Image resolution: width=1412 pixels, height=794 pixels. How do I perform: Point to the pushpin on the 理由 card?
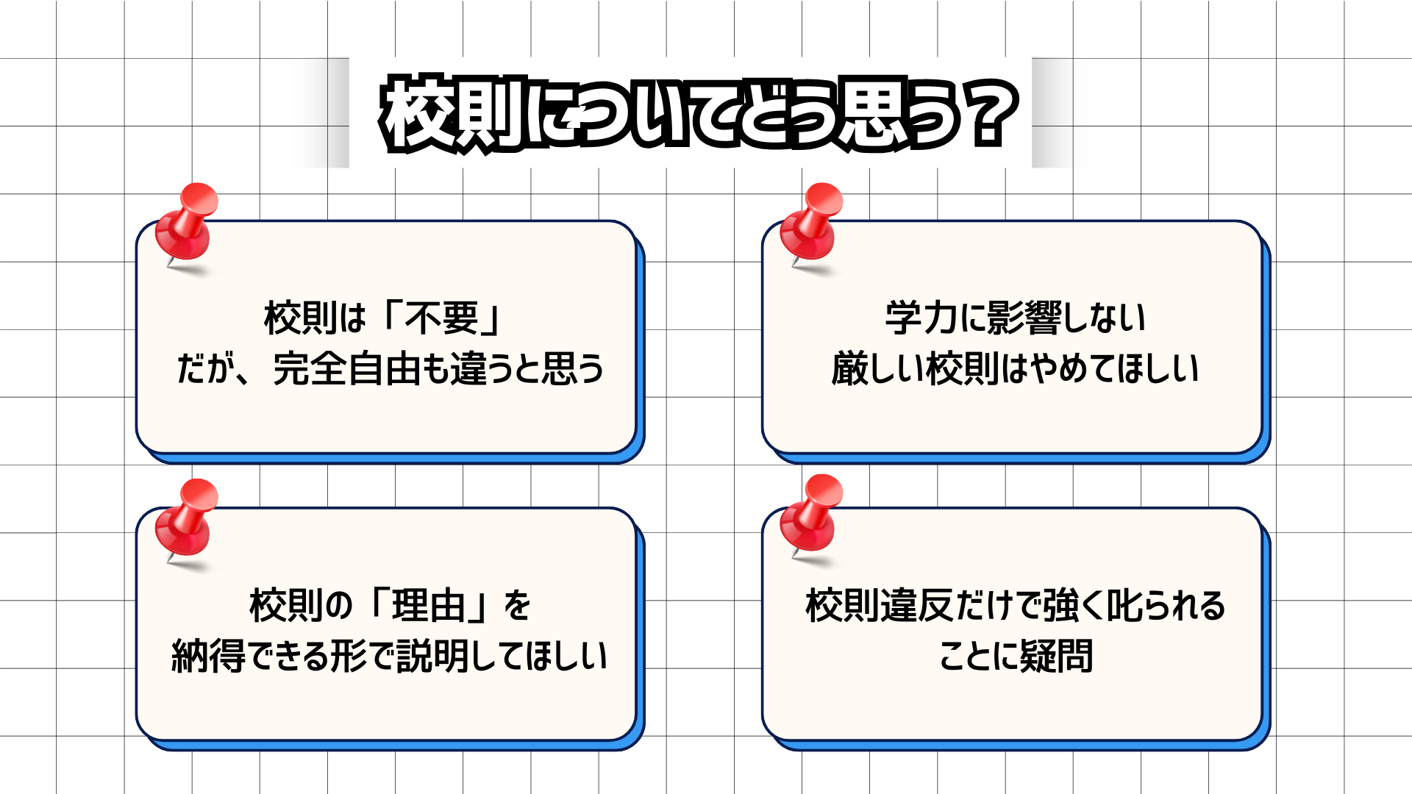(188, 518)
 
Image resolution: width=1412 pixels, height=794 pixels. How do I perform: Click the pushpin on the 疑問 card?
(813, 515)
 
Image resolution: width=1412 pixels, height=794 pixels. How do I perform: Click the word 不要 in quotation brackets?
(442, 318)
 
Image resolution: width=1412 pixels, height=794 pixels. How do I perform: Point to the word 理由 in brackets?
(429, 606)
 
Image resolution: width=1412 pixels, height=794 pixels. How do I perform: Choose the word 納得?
(209, 656)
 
